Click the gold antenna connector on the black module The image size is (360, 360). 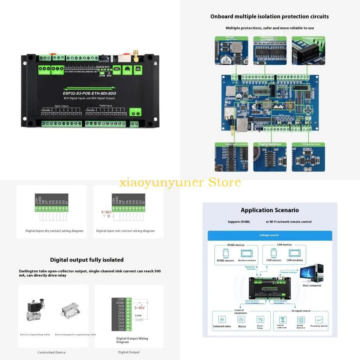pos(135,53)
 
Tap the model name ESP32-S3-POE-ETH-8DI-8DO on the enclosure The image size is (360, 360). pos(90,94)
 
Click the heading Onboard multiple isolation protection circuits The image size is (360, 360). pos(269,17)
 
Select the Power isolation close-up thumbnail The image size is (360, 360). pos(308,51)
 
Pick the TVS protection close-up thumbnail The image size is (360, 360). pos(308,157)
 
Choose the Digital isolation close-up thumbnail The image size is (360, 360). pos(270,157)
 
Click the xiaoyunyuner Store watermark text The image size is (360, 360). pos(180,182)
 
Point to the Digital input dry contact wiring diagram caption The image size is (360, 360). pos(54,231)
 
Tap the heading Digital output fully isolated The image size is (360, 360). pos(87,260)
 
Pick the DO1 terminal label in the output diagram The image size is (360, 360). pos(121,329)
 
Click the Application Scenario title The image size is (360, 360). pos(270,210)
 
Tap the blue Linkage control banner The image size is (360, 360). pos(270,235)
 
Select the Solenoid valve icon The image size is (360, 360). pos(222,320)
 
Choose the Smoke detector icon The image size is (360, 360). pos(301,320)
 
